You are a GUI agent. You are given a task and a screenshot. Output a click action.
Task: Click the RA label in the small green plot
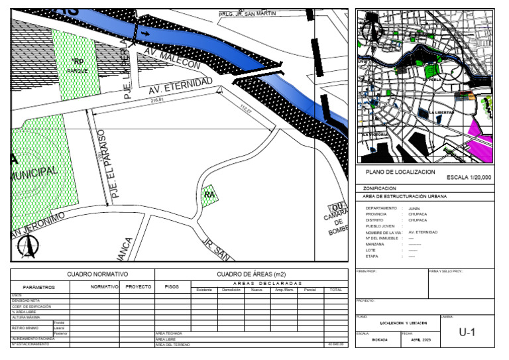coord(209,195)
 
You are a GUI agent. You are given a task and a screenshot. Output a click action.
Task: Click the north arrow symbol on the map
coord(27,247)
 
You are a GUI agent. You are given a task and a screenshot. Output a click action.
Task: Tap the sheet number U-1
coord(468,333)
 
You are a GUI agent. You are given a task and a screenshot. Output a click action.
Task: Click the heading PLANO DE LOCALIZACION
coord(400,172)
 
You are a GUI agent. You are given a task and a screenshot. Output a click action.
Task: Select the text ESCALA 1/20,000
coord(469,178)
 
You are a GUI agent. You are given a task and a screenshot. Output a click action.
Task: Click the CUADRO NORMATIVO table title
coord(97,274)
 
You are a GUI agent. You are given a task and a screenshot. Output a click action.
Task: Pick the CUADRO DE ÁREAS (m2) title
coord(251,274)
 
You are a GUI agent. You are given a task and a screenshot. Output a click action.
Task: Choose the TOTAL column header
coord(336,290)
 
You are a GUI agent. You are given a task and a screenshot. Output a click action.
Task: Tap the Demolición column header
coord(231,290)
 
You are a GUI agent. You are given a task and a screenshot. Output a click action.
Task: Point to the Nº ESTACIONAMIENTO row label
coord(30,345)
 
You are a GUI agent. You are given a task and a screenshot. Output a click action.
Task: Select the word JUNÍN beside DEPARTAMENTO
coord(414,208)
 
